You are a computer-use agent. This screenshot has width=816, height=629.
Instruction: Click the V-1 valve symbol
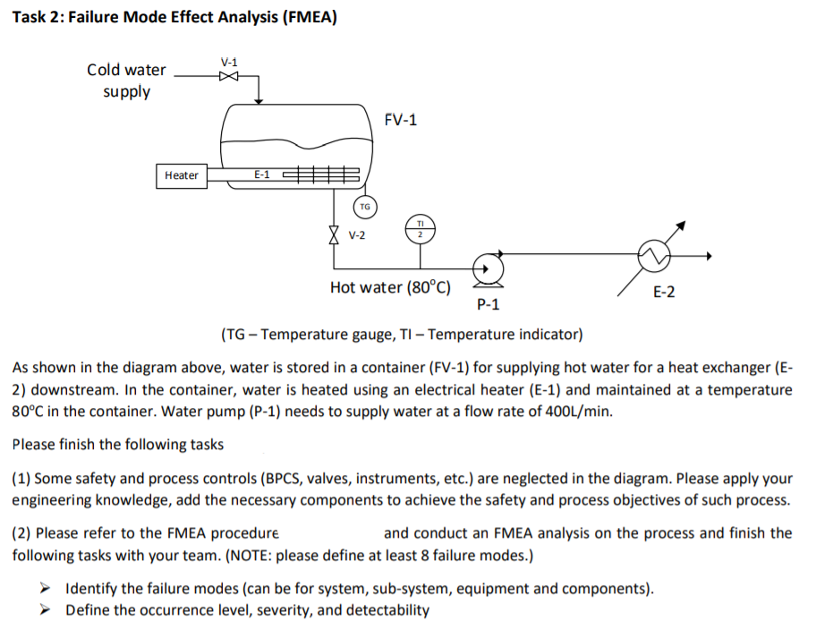coord(229,76)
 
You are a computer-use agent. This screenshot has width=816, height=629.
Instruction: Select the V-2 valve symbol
coord(335,234)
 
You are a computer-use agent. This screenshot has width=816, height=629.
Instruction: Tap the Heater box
coord(182,175)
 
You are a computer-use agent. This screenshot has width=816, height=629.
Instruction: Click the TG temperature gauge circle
coord(364,207)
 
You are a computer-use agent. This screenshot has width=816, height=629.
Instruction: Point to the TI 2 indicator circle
coord(421,228)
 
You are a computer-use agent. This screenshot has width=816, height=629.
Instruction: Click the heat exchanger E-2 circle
coord(652,256)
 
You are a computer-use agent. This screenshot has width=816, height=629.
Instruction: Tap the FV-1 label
coord(400,120)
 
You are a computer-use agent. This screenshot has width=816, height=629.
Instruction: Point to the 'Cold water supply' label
coord(126,81)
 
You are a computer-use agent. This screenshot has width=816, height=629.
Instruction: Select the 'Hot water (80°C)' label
coord(390,287)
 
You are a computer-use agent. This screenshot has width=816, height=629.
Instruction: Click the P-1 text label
coord(489,305)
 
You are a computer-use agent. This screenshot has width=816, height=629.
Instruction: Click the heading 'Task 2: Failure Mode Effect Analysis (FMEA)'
coord(174,19)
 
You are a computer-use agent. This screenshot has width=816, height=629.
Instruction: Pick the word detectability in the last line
coord(387,610)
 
